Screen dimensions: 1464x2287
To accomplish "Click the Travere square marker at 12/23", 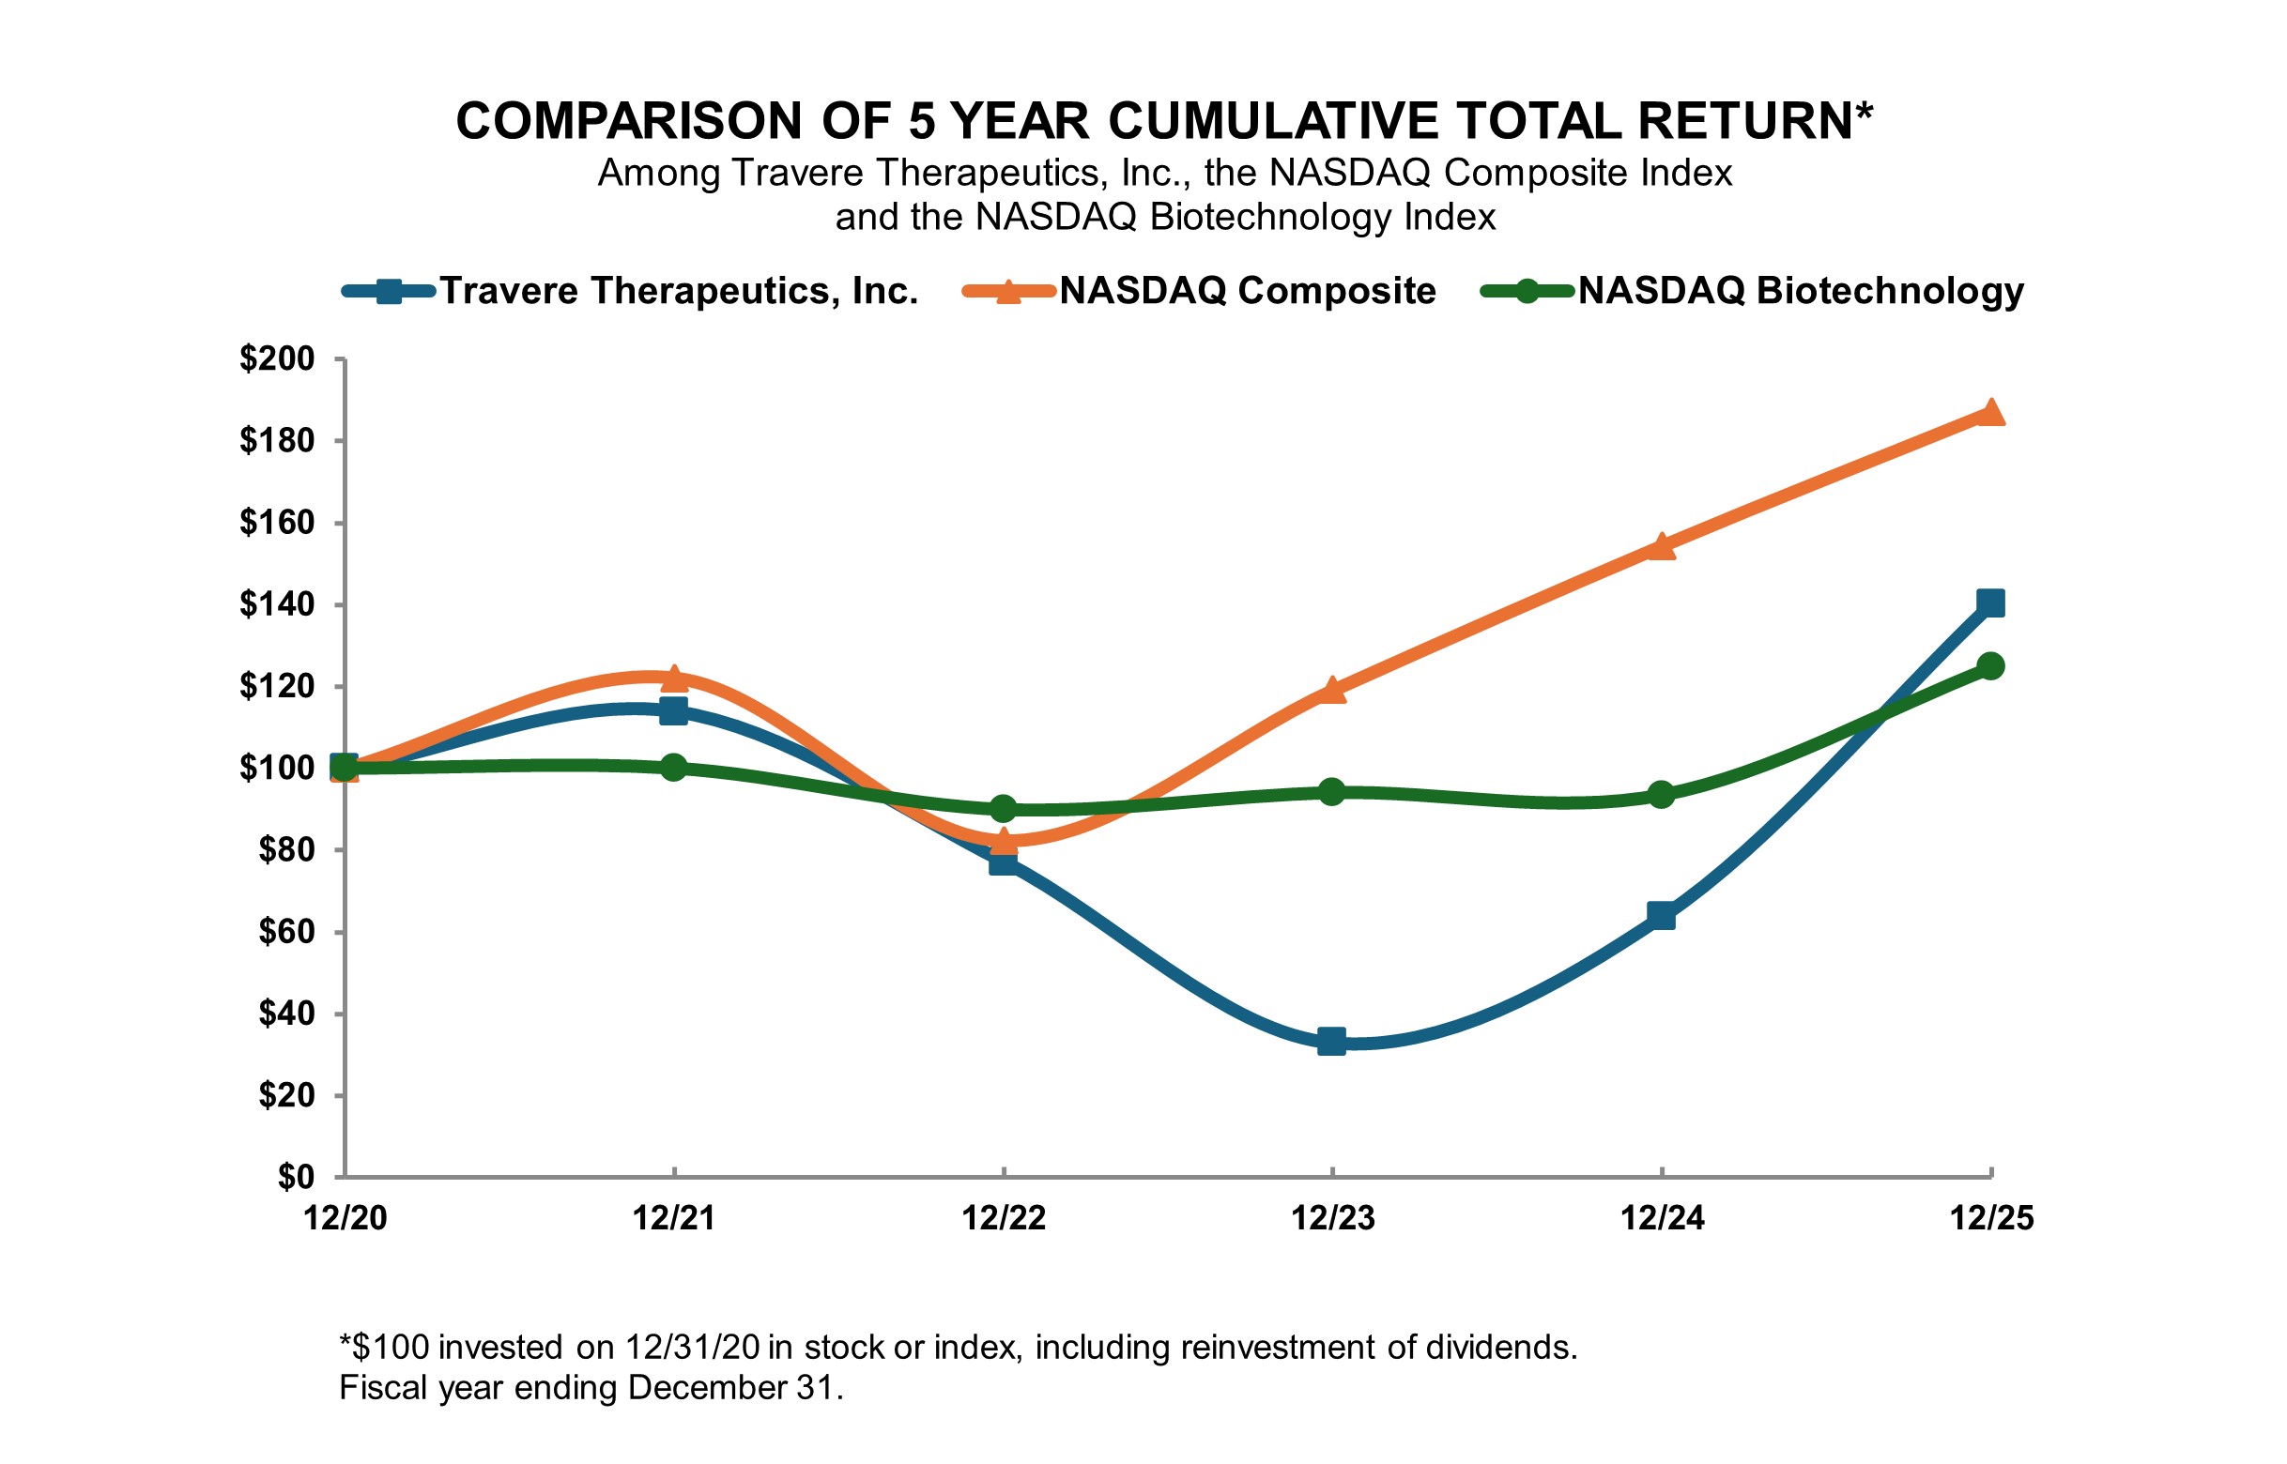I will [x=1331, y=1041].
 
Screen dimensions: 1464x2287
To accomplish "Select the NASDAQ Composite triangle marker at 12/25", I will [x=1990, y=413].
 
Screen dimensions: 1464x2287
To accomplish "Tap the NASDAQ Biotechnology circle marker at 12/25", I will [x=1990, y=665].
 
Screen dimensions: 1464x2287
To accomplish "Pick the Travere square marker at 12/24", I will [x=1662, y=916].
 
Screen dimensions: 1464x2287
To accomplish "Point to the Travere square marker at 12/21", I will [x=673, y=710].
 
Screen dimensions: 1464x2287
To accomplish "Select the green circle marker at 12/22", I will [x=1004, y=809].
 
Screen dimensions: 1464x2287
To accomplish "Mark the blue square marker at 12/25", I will [x=1990, y=602].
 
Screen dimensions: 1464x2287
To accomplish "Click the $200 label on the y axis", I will [x=277, y=359].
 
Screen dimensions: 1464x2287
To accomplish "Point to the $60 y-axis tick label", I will [x=286, y=932].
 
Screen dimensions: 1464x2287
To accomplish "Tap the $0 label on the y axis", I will [x=296, y=1177].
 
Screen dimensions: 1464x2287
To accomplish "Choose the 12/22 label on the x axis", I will [x=1004, y=1219].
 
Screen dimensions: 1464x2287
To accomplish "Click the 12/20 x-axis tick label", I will [x=345, y=1219].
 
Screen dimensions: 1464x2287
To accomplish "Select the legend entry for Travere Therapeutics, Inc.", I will [x=678, y=291].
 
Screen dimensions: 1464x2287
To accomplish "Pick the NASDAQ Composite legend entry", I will [x=1247, y=291].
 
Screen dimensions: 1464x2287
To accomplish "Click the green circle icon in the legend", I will [x=1527, y=291].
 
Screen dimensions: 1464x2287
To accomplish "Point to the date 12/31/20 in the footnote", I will [x=692, y=1348].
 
